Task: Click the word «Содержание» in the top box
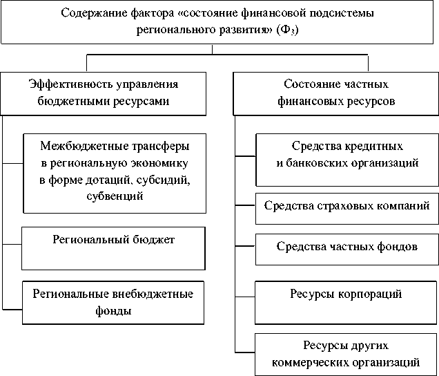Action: [90, 13]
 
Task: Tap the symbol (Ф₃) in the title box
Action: [291, 31]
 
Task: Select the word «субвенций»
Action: [115, 196]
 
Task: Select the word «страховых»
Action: [347, 205]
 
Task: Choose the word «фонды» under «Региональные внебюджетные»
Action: [115, 310]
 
